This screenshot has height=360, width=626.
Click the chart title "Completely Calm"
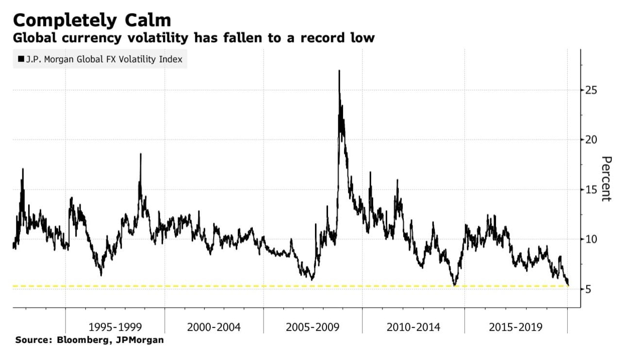pyautogui.click(x=92, y=20)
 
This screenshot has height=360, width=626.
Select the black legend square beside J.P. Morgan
pyautogui.click(x=21, y=60)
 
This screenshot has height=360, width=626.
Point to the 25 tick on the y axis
pyautogui.click(x=590, y=90)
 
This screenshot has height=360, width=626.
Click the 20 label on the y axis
pyautogui.click(x=590, y=140)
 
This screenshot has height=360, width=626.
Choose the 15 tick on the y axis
pyautogui.click(x=590, y=190)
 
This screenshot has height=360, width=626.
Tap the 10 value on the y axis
pyautogui.click(x=590, y=239)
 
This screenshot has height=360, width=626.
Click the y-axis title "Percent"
pyautogui.click(x=606, y=179)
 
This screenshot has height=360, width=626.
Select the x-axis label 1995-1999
pyautogui.click(x=115, y=327)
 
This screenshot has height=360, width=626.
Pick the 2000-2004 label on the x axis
pyautogui.click(x=214, y=327)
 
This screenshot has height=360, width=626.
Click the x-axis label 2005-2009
pyautogui.click(x=313, y=327)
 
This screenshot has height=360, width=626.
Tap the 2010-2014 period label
pyautogui.click(x=413, y=327)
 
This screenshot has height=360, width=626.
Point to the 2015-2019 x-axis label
pyautogui.click(x=516, y=327)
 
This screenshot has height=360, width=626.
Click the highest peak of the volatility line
pyautogui.click(x=339, y=71)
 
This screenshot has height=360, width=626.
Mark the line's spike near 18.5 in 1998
pyautogui.click(x=140, y=154)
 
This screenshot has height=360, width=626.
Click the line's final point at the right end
pyautogui.click(x=568, y=285)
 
